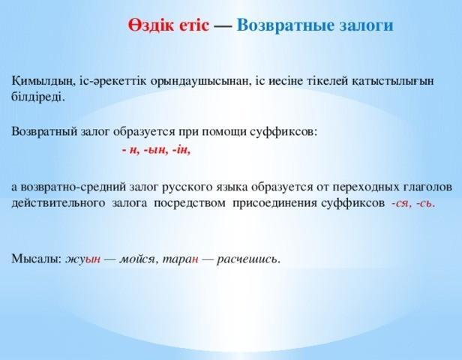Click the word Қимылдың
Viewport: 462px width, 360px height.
click(42, 81)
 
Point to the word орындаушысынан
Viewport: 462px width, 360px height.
click(200, 82)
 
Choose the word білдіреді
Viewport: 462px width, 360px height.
click(38, 97)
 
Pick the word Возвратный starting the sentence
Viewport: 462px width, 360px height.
click(44, 132)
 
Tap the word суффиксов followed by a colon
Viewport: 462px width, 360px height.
click(283, 132)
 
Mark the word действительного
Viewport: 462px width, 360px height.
click(58, 203)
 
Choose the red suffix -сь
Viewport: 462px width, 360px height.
click(425, 203)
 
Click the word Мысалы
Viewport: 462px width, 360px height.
click(36, 259)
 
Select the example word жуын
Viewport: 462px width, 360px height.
click(82, 259)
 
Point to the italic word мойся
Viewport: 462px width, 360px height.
click(137, 259)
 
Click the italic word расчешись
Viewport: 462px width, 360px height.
click(248, 259)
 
